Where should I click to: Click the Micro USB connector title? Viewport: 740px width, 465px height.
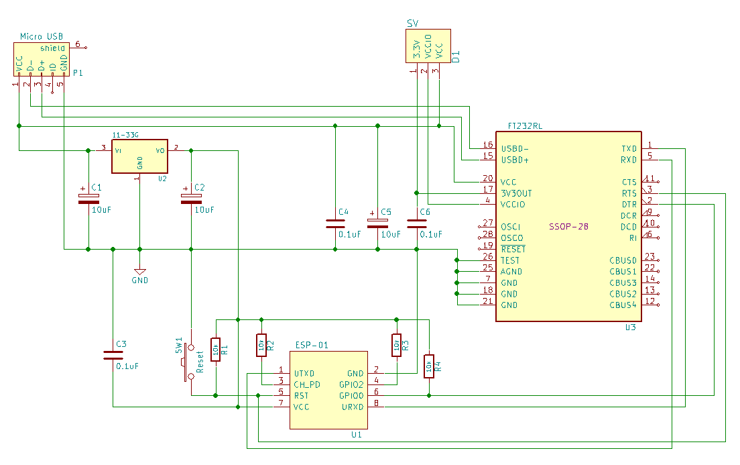click(42, 36)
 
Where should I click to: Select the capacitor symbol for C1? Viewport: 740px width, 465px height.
click(88, 199)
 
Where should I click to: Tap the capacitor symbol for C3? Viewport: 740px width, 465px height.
click(113, 355)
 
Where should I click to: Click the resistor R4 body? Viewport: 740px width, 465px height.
click(429, 366)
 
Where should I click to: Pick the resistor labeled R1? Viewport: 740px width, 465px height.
click(215, 349)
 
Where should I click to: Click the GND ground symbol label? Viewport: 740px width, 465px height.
click(139, 280)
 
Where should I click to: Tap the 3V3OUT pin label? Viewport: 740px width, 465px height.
click(516, 193)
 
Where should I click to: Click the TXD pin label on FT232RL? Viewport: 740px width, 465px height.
click(629, 148)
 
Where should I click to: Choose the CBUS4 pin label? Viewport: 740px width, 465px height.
click(623, 305)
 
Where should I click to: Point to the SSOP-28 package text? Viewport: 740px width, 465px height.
click(568, 227)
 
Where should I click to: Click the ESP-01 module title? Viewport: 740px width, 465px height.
click(312, 346)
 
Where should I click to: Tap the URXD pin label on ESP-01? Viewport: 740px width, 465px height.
click(353, 407)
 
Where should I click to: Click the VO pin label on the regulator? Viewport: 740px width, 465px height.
click(160, 150)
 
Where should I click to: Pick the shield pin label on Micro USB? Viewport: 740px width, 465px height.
click(53, 48)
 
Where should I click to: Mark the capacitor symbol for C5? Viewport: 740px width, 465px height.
click(377, 221)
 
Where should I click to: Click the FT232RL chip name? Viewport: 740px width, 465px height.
click(526, 125)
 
